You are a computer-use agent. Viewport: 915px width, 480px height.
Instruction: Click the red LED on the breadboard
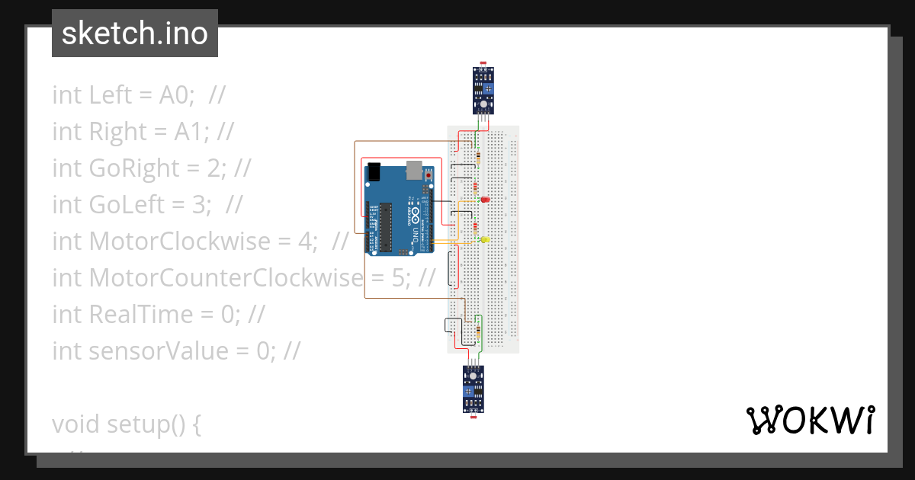tap(484, 200)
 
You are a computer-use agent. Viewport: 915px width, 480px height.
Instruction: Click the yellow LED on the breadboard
tap(484, 239)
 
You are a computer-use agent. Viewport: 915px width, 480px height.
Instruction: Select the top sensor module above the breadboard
tap(483, 91)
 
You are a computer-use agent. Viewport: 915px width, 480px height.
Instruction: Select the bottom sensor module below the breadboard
tap(474, 389)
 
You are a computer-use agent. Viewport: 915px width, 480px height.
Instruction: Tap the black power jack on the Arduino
tap(374, 171)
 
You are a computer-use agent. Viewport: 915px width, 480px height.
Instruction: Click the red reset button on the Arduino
tap(429, 175)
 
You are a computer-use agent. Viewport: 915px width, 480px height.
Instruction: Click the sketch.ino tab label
tap(135, 34)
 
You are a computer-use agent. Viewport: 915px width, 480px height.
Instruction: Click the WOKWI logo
tap(810, 420)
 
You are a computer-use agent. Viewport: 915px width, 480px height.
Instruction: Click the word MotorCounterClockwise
tap(226, 278)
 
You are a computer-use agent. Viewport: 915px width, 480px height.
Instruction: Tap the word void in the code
tap(75, 424)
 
